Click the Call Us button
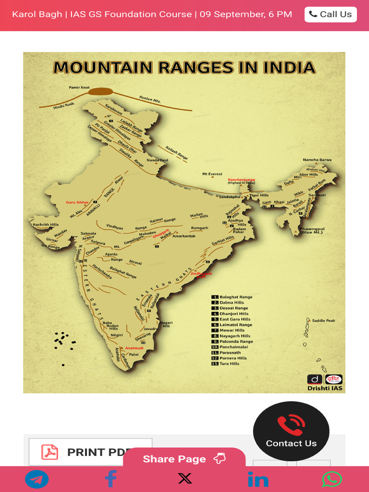coord(331,14)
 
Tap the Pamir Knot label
coord(79,87)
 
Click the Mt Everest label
coord(212,174)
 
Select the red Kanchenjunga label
coord(241,180)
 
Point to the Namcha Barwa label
coord(317,160)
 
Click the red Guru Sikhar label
coord(77,202)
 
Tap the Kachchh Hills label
coord(46,224)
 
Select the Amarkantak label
coord(184,236)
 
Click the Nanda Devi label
coord(158,160)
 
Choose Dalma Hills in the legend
coord(232,303)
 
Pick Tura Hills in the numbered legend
coord(229,364)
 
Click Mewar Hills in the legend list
coord(232,331)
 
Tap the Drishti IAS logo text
coord(325,388)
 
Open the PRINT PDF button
coord(90,452)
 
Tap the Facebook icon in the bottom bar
coord(111,479)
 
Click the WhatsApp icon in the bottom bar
coord(332,479)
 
